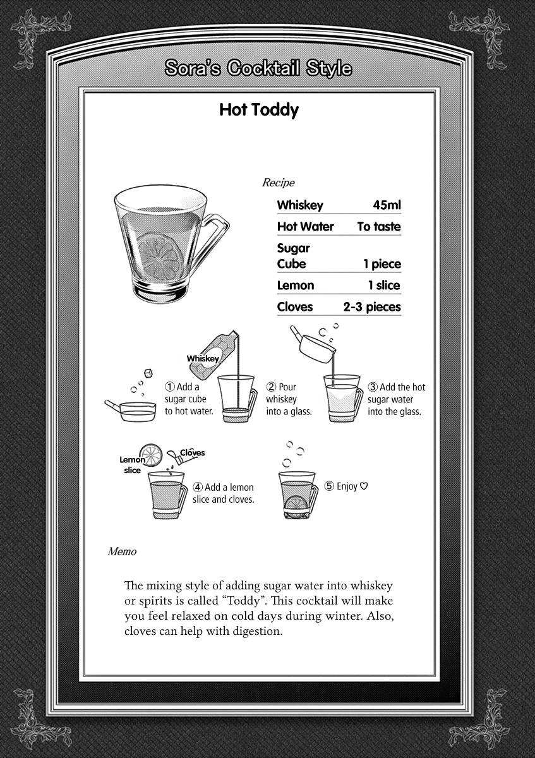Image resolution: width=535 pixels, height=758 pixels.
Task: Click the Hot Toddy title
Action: [x=258, y=110]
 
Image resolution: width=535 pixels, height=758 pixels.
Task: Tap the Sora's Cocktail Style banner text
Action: [x=258, y=68]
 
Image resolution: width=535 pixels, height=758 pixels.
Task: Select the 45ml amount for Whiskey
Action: [x=387, y=205]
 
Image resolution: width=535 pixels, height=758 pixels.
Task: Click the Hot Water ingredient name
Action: [x=305, y=227]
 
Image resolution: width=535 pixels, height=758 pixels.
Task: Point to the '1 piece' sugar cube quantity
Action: [x=382, y=264]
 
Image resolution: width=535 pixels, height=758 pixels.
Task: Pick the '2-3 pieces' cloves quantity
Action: [x=372, y=307]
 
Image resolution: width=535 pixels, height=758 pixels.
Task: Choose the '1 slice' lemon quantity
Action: [x=384, y=286]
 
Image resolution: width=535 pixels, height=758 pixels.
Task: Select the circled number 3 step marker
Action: [x=373, y=387]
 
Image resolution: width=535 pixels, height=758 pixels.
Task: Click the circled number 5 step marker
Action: [x=329, y=486]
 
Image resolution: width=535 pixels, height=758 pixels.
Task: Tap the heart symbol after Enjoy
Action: [x=364, y=486]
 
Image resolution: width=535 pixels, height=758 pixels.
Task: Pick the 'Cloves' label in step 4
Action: [x=193, y=452]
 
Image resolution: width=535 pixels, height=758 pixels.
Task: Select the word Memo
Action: [x=122, y=551]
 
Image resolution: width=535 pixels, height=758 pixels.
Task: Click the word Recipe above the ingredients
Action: [x=278, y=183]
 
